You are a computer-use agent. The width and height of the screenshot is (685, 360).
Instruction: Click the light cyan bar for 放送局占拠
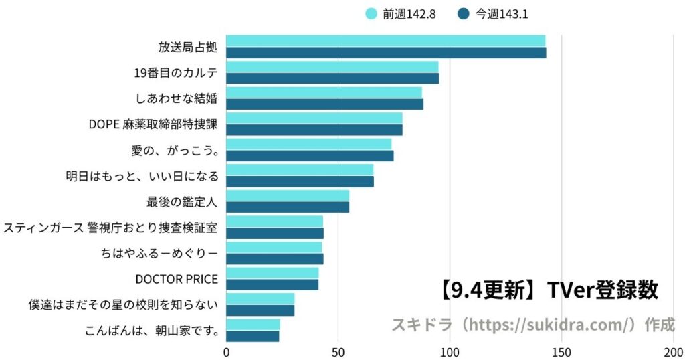[385, 41]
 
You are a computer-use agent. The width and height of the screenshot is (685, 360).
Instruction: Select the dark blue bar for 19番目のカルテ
[332, 78]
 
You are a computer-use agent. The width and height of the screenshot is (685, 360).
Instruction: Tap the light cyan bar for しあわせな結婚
[324, 92]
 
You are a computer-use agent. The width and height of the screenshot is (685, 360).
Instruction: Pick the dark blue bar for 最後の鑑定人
[288, 207]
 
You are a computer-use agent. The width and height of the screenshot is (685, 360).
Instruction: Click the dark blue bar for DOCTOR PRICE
[272, 285]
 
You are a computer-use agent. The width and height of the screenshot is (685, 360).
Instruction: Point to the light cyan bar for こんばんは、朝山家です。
[253, 324]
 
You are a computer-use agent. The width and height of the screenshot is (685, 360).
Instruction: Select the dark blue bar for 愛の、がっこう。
[310, 156]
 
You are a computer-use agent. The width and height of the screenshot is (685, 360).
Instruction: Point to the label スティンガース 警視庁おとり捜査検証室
[110, 228]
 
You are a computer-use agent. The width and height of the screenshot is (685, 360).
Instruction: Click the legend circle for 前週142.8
[371, 13]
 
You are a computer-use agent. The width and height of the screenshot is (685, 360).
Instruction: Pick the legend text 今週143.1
[501, 13]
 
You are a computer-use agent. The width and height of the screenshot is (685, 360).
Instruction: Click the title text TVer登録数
[602, 290]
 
